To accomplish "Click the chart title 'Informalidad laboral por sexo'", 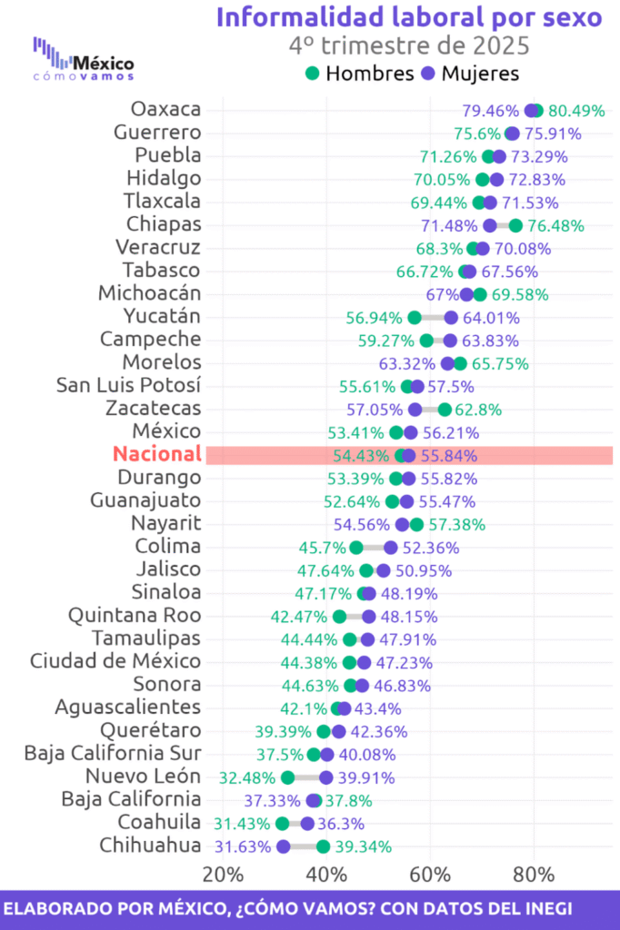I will click(409, 16).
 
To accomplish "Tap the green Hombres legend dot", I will click(312, 73).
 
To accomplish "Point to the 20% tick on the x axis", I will click(223, 874).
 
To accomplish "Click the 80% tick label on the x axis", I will click(534, 874).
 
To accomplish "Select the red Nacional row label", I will click(156, 454).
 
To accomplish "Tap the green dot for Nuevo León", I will click(288, 777).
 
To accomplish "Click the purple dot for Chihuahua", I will click(284, 847).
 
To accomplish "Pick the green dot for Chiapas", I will click(515, 225).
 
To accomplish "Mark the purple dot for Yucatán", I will click(451, 318).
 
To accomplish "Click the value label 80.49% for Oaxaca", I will click(576, 110).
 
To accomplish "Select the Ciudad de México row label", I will click(115, 661).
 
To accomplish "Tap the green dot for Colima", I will click(356, 548).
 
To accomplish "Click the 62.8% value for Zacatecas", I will click(478, 410).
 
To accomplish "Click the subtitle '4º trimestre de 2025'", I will click(409, 45).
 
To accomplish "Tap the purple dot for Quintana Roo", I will click(369, 617).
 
